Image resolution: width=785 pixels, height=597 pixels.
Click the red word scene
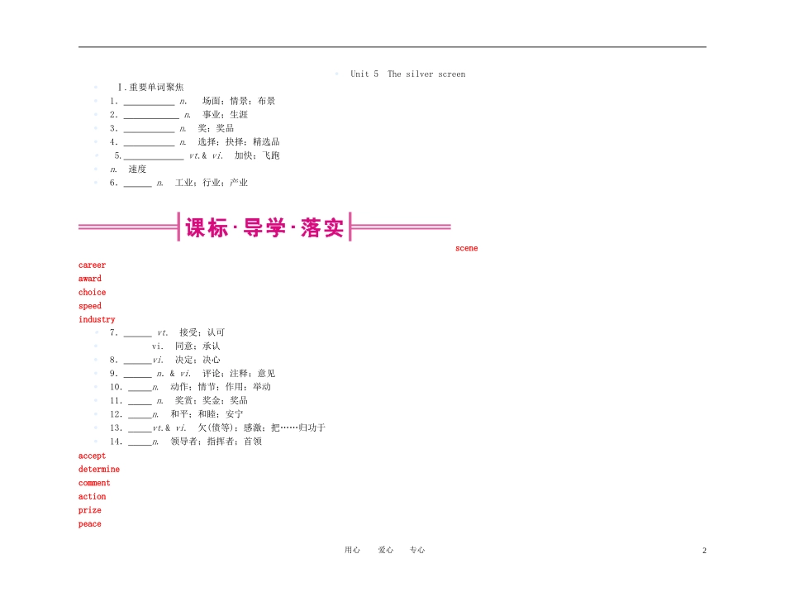466,248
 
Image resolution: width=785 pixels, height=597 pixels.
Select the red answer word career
92,265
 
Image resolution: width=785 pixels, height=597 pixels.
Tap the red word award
89,279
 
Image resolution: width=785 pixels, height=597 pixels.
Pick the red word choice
92,292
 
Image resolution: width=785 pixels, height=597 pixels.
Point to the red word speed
89,306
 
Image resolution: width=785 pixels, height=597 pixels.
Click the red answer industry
97,319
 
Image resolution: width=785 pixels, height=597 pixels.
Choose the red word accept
92,456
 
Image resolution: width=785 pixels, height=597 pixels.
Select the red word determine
99,470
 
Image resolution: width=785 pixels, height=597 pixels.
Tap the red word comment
94,483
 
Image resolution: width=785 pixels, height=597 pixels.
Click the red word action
92,496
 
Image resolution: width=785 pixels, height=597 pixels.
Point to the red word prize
89,510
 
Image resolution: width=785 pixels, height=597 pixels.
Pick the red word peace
89,524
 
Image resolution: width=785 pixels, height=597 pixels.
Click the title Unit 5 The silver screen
408,74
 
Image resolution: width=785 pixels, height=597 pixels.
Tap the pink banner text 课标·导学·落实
264,227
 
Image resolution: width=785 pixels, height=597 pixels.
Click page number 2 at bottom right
704,551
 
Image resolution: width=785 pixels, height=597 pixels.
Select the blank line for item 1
150,105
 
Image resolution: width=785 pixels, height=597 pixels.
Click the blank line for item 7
138,336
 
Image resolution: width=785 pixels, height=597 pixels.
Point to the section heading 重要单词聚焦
156,87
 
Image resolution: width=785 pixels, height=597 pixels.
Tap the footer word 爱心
386,550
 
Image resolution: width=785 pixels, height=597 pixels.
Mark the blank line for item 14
140,445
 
